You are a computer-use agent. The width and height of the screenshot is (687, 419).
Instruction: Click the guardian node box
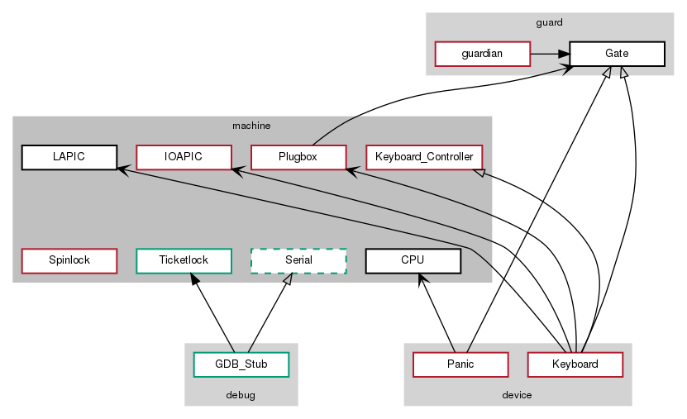tap(482, 54)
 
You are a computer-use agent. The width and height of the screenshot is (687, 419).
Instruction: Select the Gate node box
tap(617, 54)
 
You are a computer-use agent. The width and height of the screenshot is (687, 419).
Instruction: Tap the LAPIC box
tap(69, 157)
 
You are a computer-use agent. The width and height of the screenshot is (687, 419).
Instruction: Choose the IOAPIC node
tap(183, 157)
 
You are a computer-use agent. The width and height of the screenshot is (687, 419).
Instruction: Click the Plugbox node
tap(298, 157)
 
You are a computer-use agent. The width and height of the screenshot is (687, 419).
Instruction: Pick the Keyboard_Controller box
tap(423, 157)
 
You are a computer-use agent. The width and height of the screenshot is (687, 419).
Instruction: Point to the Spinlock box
tap(69, 260)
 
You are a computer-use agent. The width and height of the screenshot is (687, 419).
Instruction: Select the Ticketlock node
tap(183, 260)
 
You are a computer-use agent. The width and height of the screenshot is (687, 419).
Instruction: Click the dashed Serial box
tap(298, 260)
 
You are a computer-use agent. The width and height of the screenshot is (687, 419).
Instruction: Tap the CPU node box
tap(412, 260)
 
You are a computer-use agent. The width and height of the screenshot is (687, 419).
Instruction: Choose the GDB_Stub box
tap(241, 364)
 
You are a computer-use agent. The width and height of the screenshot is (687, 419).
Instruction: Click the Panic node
tap(460, 364)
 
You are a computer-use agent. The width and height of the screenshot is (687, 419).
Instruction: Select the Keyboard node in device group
tap(575, 364)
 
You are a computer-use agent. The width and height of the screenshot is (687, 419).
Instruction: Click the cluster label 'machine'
tap(251, 126)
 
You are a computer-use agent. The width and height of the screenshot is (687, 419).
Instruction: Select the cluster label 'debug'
tap(241, 395)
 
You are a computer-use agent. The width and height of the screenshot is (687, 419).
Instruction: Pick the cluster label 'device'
tap(517, 395)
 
